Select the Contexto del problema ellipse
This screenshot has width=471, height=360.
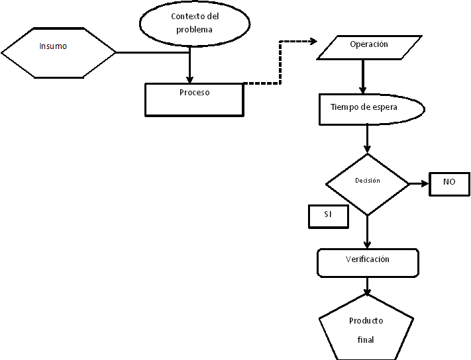coord(194,22)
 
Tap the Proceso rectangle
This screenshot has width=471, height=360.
coord(194,99)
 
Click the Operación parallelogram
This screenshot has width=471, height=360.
coord(368,45)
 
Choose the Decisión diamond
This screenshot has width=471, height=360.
coord(368,184)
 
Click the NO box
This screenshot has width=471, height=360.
coord(449,183)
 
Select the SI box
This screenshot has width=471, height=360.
coord(328,216)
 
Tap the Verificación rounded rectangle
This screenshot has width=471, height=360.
coord(368,263)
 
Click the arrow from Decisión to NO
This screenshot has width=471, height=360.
coord(419,183)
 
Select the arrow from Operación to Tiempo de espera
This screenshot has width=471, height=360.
coord(362,76)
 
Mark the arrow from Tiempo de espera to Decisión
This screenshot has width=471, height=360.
coord(368,139)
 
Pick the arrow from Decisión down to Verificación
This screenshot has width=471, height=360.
coord(368,232)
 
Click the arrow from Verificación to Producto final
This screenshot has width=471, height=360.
coord(368,285)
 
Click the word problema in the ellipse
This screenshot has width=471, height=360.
coord(195,30)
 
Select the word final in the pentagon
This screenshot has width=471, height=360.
coord(366,340)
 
